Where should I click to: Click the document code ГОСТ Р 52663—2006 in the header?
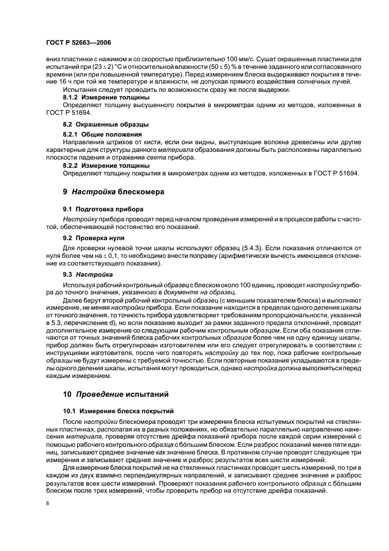78,43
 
